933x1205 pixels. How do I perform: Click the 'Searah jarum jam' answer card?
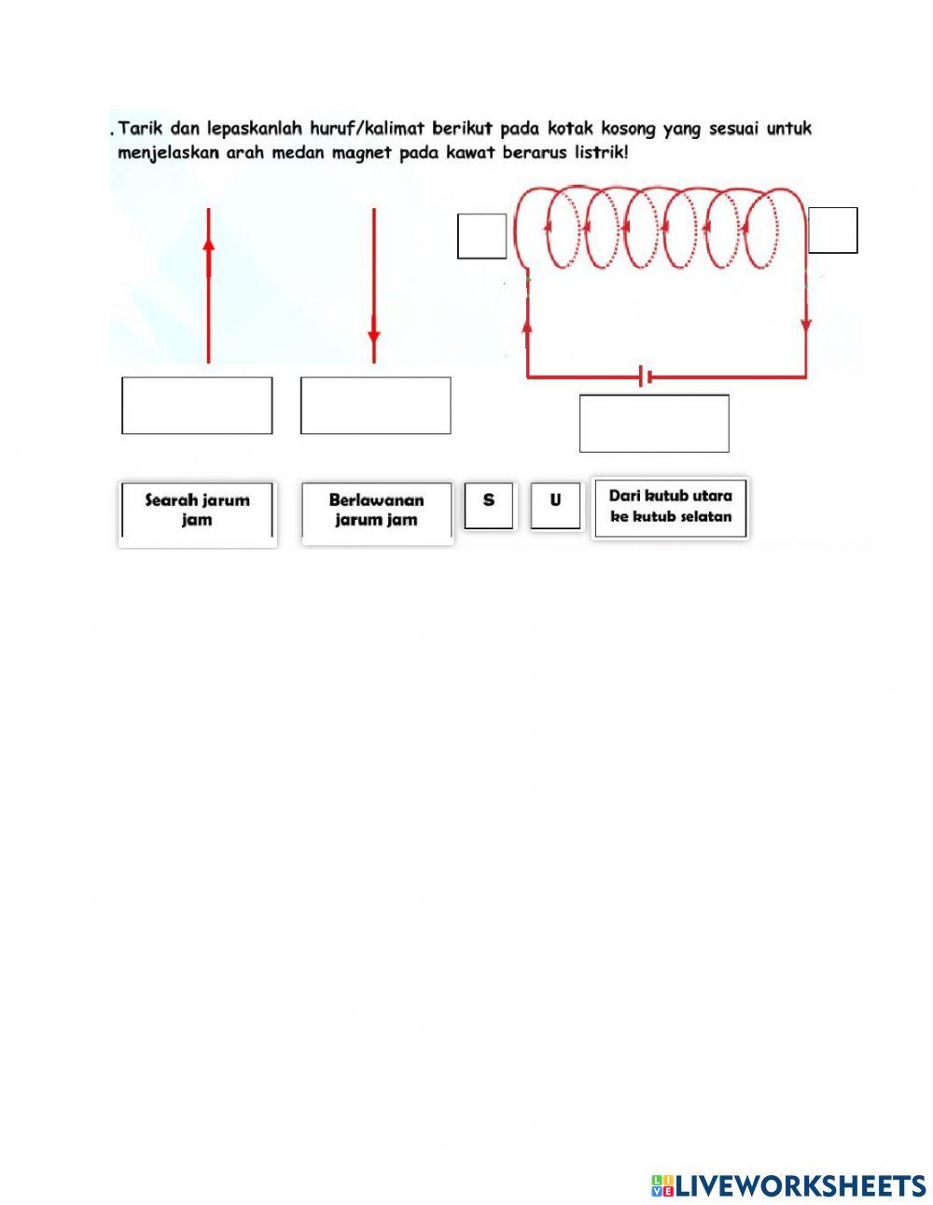(x=197, y=511)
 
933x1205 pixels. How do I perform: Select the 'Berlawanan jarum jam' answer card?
(x=376, y=511)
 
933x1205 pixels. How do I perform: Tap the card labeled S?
(x=489, y=505)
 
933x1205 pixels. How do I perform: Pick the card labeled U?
(x=555, y=505)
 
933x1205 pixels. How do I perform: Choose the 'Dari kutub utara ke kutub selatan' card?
(x=670, y=507)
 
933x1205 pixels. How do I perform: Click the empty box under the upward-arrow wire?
(x=197, y=405)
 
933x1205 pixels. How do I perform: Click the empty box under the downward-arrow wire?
(x=375, y=405)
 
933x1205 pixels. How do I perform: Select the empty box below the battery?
(x=653, y=423)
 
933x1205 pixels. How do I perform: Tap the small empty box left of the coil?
(x=481, y=235)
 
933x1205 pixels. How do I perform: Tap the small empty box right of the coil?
(x=832, y=231)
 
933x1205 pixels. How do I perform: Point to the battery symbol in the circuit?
(x=644, y=377)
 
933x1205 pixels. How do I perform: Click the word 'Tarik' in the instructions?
(x=138, y=128)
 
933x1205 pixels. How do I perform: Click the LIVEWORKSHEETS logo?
(x=788, y=1185)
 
